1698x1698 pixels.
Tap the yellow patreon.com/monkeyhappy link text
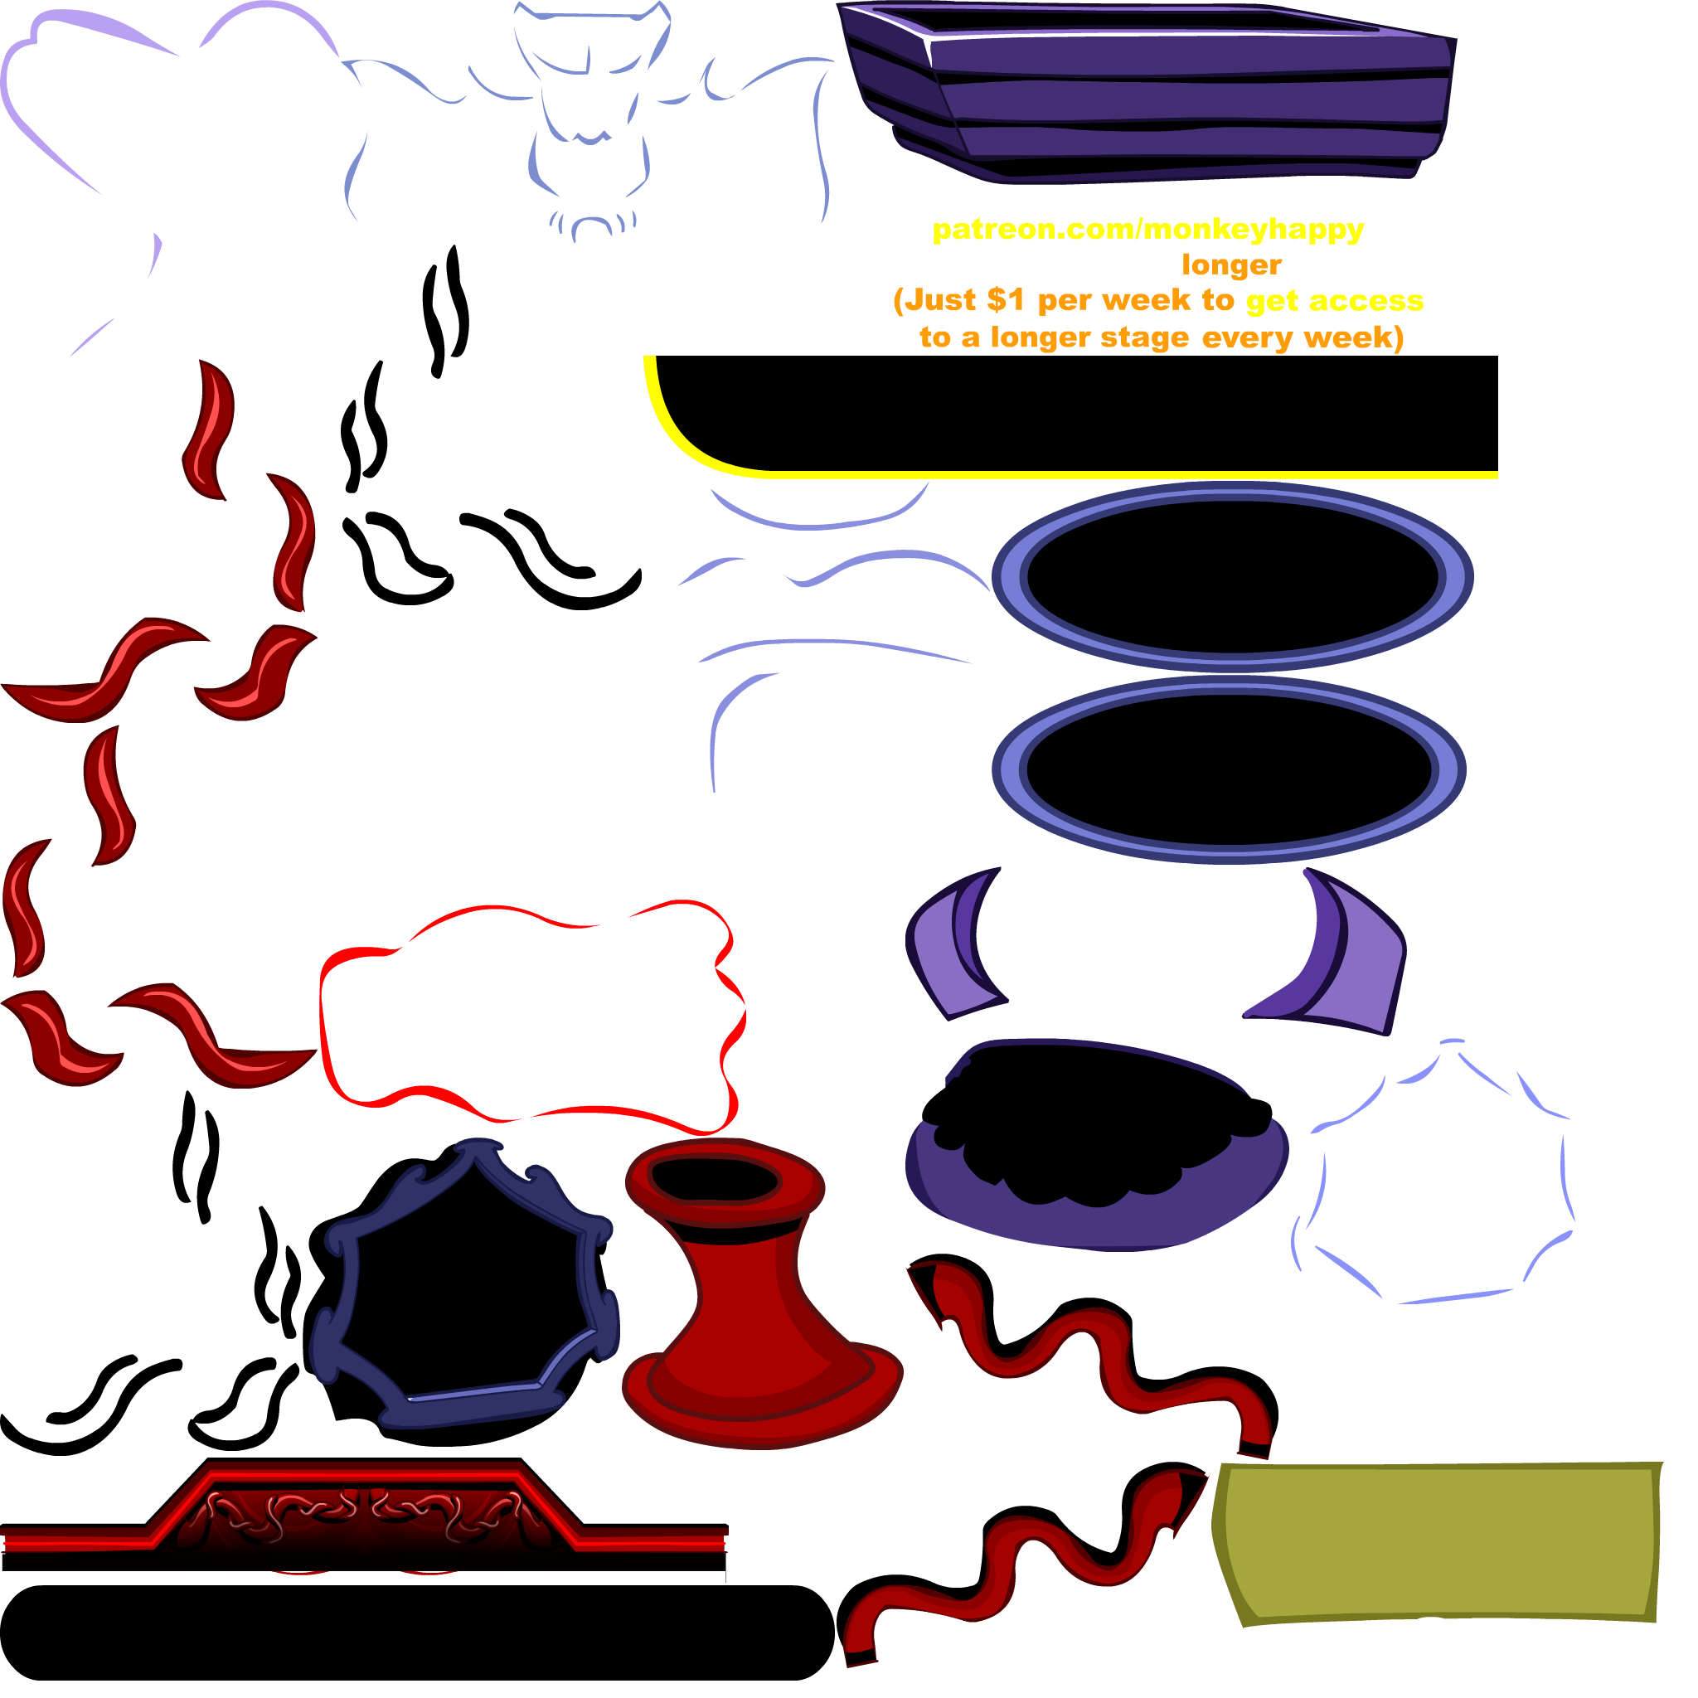pos(1147,230)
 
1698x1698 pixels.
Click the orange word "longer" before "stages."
pos(1230,264)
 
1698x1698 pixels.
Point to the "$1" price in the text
pos(1006,301)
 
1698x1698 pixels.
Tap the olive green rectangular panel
pos(1437,1542)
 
